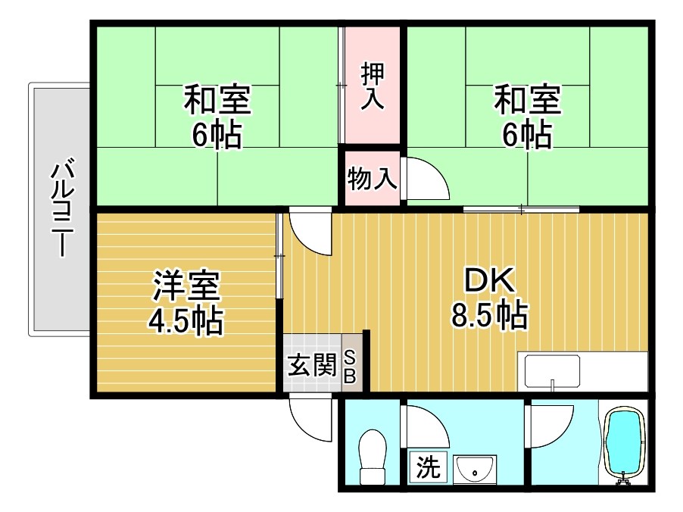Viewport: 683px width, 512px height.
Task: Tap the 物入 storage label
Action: [x=372, y=180]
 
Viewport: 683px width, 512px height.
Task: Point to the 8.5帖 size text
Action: [x=489, y=315]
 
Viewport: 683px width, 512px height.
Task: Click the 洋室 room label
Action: [x=186, y=286]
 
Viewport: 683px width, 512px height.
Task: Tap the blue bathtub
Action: [x=624, y=443]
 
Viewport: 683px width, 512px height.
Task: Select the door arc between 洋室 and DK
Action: [x=309, y=231]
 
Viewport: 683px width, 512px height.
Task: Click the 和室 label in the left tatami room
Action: [x=218, y=100]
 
